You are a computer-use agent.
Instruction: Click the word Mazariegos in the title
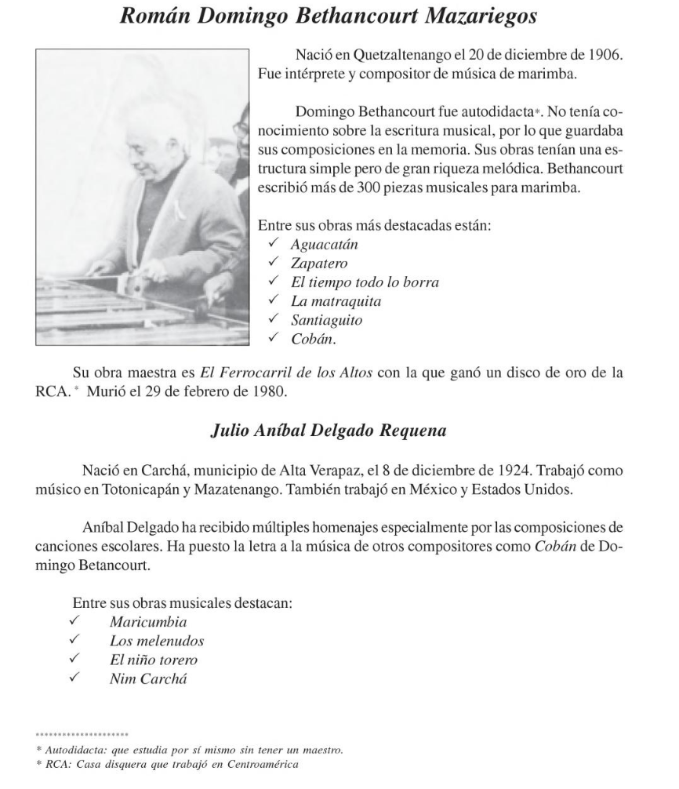tap(491, 19)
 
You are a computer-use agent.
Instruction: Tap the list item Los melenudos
tap(157, 641)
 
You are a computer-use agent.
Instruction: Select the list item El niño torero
tap(154, 660)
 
